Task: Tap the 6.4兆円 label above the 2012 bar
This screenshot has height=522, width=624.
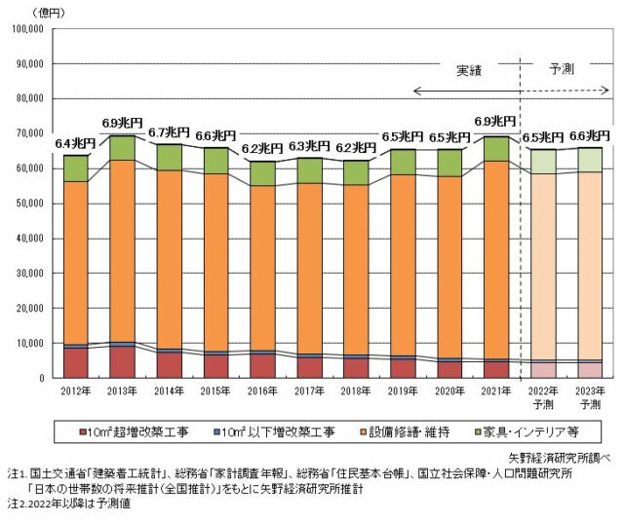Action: (75, 144)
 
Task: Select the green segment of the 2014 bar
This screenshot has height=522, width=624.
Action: (170, 157)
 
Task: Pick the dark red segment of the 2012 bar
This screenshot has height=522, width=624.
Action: (75, 361)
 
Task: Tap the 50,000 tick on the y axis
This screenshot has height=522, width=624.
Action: (28, 203)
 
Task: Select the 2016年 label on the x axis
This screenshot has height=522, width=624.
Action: (263, 391)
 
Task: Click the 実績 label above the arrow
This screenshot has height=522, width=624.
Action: (470, 71)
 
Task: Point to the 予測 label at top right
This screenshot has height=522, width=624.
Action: (563, 71)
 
